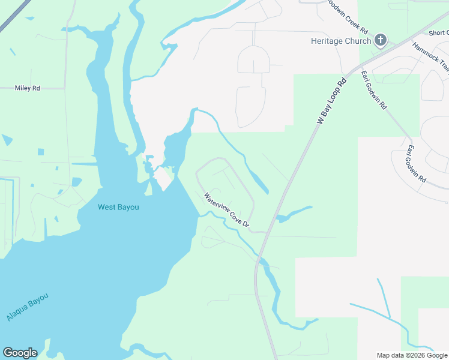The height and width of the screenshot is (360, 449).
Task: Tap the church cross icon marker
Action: [x=380, y=41]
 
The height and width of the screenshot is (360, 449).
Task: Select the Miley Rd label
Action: [x=28, y=88]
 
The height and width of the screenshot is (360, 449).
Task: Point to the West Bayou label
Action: [x=118, y=207]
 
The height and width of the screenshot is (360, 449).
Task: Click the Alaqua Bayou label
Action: [x=26, y=307]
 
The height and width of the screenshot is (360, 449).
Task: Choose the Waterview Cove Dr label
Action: [x=226, y=209]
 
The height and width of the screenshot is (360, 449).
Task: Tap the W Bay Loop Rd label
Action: [x=332, y=101]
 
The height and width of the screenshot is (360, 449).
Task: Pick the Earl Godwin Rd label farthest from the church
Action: [x=415, y=163]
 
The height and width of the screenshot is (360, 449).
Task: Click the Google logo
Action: [x=20, y=353]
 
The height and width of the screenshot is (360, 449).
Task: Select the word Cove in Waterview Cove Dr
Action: [x=229, y=211]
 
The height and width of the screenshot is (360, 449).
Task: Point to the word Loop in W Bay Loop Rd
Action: [x=335, y=95]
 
